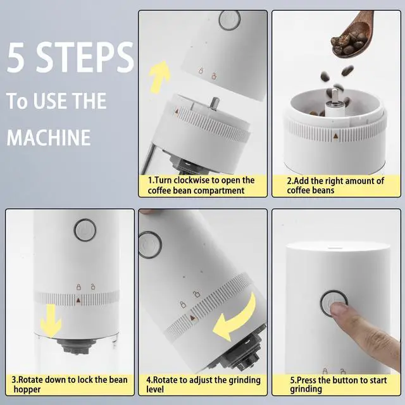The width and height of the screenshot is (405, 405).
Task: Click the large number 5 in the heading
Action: [16, 57]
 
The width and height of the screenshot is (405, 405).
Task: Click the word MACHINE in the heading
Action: [49, 137]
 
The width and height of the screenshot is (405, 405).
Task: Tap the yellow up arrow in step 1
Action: [160, 77]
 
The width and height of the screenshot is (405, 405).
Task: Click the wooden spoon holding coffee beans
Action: [353, 35]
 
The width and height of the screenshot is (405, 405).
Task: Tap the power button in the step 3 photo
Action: [85, 230]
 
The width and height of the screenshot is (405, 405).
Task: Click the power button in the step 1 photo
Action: [230, 20]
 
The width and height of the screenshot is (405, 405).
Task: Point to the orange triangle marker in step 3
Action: [78, 300]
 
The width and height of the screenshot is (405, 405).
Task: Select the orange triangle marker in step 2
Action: [335, 136]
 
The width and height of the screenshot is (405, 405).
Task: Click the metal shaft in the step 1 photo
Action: [214, 104]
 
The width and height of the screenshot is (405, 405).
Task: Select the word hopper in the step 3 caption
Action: [27, 390]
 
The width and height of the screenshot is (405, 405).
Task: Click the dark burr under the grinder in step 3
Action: [76, 346]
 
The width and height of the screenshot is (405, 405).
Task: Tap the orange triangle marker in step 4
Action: [192, 318]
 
